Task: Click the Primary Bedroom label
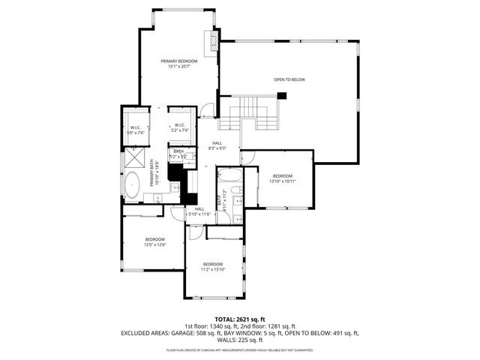(179, 63)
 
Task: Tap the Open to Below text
(289, 79)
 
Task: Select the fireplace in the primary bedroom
(212, 40)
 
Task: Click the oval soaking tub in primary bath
(132, 184)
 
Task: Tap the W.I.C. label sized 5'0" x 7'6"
(136, 130)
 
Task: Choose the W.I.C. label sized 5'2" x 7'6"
(179, 127)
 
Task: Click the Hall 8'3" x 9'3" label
(217, 145)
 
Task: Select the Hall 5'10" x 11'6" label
(199, 211)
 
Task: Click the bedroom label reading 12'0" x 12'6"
(154, 241)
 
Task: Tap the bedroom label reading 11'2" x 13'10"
(212, 266)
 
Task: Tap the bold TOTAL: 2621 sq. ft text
(240, 319)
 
